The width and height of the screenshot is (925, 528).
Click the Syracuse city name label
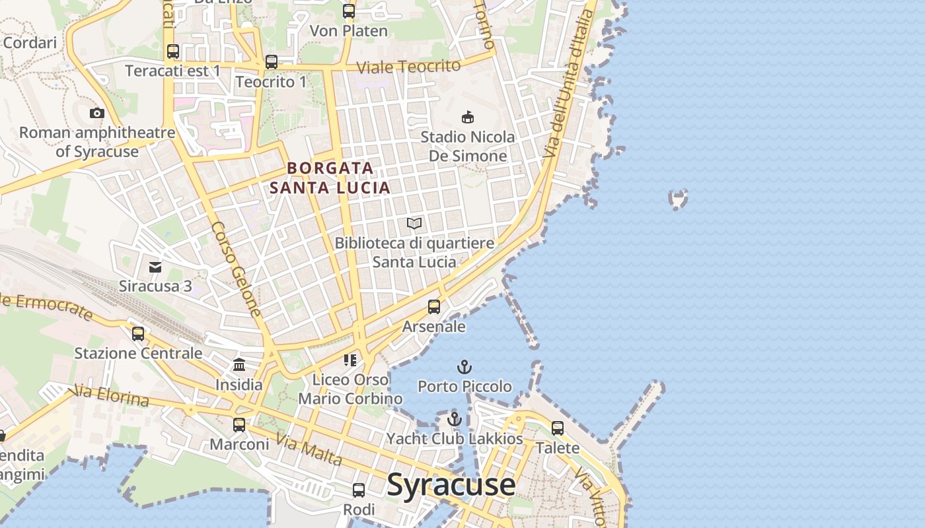coord(451,485)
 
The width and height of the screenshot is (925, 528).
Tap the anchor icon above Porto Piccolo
coord(465,367)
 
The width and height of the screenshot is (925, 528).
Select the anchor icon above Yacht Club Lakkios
coord(454,419)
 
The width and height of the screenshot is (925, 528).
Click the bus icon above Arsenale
coord(434,307)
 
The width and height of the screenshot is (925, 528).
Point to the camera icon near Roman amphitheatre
coord(97,113)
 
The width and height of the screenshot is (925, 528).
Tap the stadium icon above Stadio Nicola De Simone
coord(468,117)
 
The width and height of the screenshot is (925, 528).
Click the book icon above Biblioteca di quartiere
coord(414,224)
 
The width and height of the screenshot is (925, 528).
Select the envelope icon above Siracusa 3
coord(155,267)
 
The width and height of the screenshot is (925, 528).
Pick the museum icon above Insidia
coord(239,365)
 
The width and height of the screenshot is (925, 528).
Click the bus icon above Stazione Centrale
coord(138,334)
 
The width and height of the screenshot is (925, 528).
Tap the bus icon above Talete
coord(558,428)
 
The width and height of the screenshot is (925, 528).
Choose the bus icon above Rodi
coord(359,490)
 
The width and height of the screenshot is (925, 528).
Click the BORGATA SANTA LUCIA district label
coord(330,178)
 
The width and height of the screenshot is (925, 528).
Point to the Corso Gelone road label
coord(237,268)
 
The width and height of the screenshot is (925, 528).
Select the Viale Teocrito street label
coord(408,67)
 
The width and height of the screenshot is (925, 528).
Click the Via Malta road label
coord(309,449)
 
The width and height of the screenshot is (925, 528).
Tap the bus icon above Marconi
coord(239,425)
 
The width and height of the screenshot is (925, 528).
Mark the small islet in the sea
coord(679,198)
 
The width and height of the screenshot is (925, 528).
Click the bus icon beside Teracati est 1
coord(173,51)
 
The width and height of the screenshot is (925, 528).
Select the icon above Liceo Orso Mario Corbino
coord(350,360)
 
